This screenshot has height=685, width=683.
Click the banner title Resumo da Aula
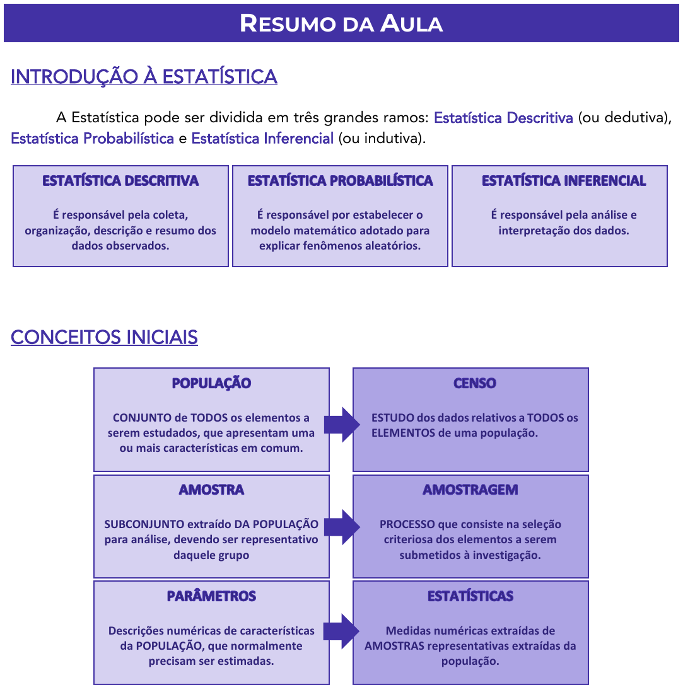pyautogui.click(x=341, y=23)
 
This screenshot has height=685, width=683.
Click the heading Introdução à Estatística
pyautogui.click(x=144, y=77)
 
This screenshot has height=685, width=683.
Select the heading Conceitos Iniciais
pyautogui.click(x=104, y=337)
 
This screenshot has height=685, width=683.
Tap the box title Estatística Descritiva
pyautogui.click(x=120, y=181)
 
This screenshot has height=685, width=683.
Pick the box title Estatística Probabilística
pyautogui.click(x=340, y=181)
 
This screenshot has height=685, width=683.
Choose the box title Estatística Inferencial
pyautogui.click(x=564, y=181)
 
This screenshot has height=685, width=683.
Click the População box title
pyautogui.click(x=211, y=383)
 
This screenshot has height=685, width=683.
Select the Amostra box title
pyautogui.click(x=211, y=490)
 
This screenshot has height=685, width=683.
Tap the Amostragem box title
pyautogui.click(x=470, y=490)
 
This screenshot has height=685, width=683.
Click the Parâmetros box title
pyautogui.click(x=211, y=596)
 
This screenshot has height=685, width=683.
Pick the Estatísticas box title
pyautogui.click(x=470, y=596)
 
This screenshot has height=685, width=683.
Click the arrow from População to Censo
pyautogui.click(x=341, y=424)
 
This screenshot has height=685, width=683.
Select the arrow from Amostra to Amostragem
pyautogui.click(x=341, y=527)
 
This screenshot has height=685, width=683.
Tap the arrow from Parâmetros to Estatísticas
pyautogui.click(x=341, y=631)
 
